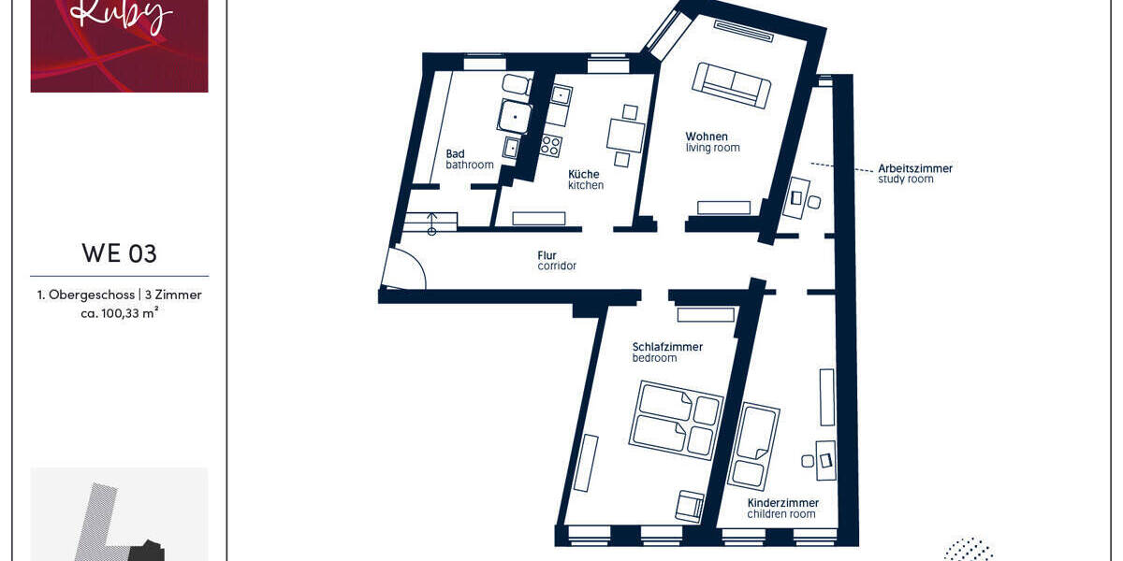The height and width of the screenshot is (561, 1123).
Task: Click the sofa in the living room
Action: point(737,85)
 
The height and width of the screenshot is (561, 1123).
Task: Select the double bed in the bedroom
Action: point(676,420)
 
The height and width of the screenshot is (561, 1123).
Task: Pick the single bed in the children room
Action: point(752,446)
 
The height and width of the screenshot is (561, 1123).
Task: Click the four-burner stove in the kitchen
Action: point(550,146)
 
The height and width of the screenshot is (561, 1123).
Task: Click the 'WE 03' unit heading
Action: point(119,253)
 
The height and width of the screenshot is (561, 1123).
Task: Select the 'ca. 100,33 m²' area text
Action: point(119,313)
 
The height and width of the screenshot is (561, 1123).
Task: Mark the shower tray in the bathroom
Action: point(514,117)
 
